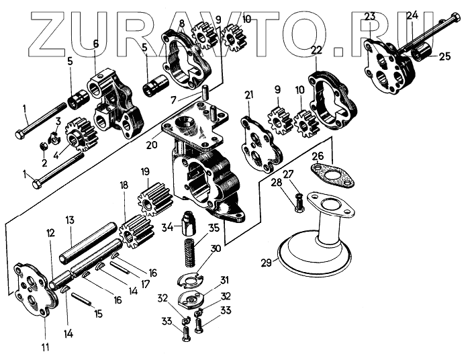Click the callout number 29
click(266, 263)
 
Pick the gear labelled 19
click(148, 199)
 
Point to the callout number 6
click(95, 44)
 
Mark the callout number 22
click(316, 50)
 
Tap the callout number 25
click(445, 56)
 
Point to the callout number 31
click(225, 280)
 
